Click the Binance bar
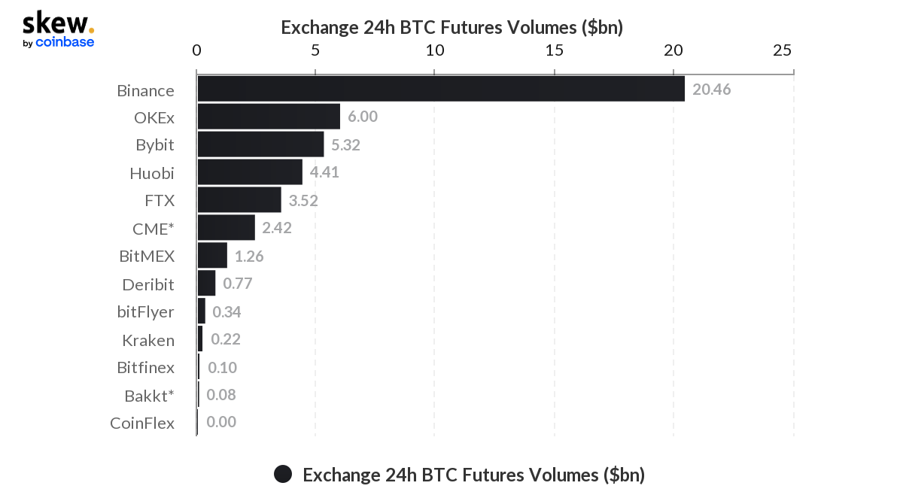[440, 90]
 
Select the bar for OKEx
[269, 117]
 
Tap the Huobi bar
[249, 172]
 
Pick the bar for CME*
[226, 227]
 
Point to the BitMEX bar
[212, 256]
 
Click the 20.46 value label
[711, 90]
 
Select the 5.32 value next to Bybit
[345, 144]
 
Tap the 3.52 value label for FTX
[303, 200]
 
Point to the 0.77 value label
[237, 284]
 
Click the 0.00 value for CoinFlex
[221, 422]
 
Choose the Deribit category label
[148, 284]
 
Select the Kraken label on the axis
[148, 340]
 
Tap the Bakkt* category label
[149, 395]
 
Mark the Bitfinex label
[146, 367]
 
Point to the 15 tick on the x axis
[554, 50]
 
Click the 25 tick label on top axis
[783, 50]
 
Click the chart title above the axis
[451, 27]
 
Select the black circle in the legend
[283, 474]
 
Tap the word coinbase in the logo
[65, 43]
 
